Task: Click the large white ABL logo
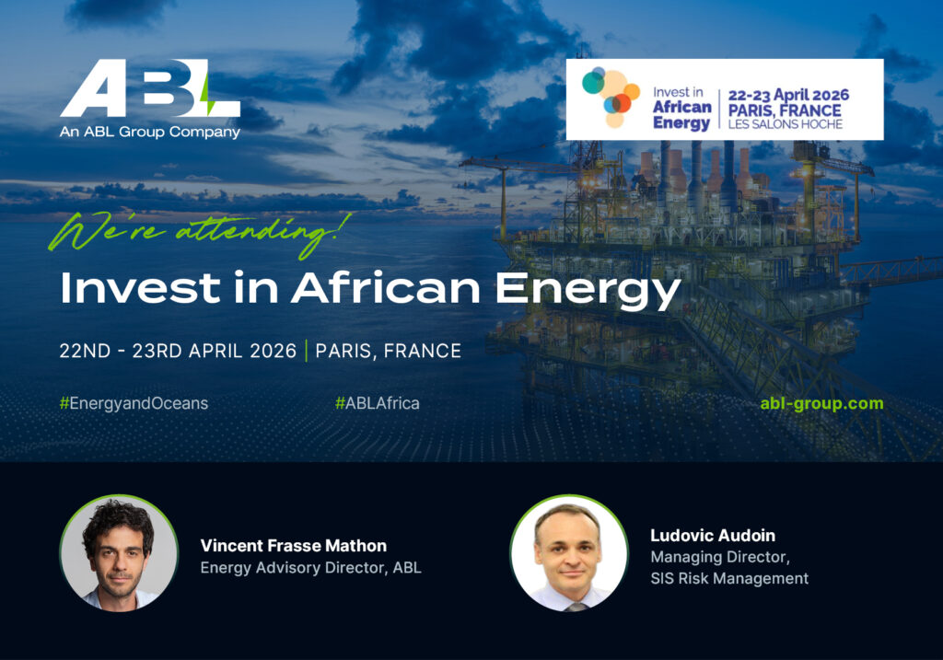tap(150, 88)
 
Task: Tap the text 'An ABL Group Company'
tap(150, 133)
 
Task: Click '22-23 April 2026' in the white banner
tap(788, 95)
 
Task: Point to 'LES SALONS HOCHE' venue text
tap(786, 124)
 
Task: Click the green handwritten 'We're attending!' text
tap(200, 235)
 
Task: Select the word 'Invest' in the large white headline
tap(140, 287)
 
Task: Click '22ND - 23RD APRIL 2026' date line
tap(178, 351)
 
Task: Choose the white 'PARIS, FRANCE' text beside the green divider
tap(389, 351)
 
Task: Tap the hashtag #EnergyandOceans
tap(134, 403)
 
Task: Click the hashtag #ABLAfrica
tap(377, 403)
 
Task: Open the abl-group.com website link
tap(821, 403)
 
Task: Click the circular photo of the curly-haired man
tap(119, 553)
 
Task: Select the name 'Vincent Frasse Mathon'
tap(294, 546)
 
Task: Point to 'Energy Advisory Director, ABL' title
tap(311, 568)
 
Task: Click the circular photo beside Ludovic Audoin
tap(569, 553)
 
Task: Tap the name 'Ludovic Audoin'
tap(713, 536)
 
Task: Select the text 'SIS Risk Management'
tap(729, 579)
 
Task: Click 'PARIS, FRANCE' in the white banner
tap(785, 110)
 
